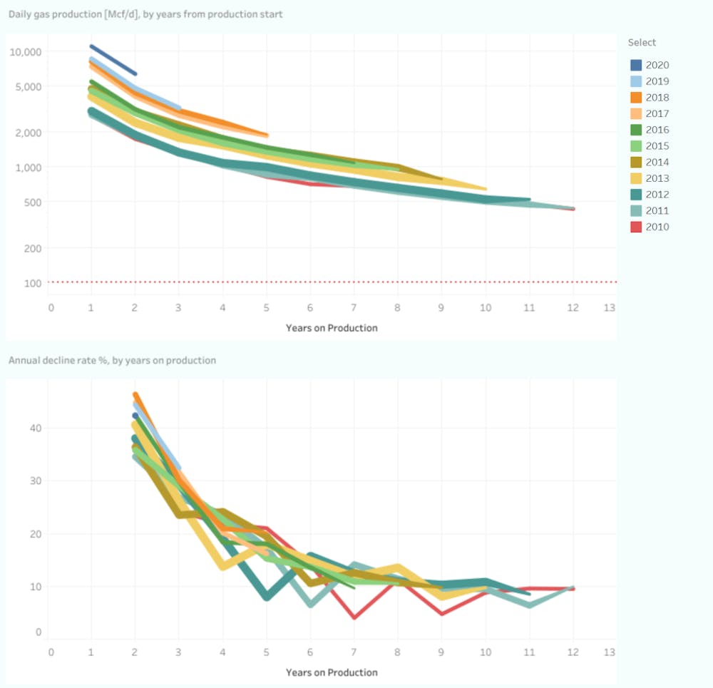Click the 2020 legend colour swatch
tap(636, 65)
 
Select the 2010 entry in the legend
tap(657, 227)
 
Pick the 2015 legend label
tap(657, 146)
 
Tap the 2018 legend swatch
tap(636, 98)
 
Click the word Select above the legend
tap(642, 43)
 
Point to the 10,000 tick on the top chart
tap(26, 51)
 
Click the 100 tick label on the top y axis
tap(33, 283)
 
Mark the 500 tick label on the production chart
tap(33, 202)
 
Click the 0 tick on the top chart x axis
tap(51, 308)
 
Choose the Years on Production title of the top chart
tap(332, 328)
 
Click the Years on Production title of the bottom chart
tap(332, 672)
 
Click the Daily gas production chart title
tap(145, 14)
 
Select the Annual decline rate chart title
tap(112, 360)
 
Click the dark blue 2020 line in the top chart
tap(113, 60)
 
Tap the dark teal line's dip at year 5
tap(266, 597)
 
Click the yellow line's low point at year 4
tap(223, 566)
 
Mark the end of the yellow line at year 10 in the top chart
tap(485, 188)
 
